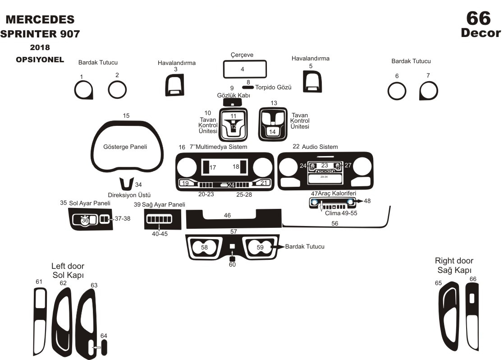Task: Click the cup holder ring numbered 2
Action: [x=117, y=90]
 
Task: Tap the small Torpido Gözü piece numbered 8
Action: [x=247, y=88]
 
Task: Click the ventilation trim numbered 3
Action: [x=174, y=84]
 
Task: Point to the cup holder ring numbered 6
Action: [x=397, y=92]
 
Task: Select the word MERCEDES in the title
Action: [x=40, y=19]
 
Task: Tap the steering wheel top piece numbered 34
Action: [x=127, y=184]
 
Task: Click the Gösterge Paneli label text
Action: [x=125, y=147]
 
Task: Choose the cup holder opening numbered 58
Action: [x=204, y=247]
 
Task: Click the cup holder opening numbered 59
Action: [x=260, y=247]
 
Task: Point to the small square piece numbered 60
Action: [x=232, y=258]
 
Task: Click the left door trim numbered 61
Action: [x=40, y=320]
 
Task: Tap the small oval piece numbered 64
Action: [x=105, y=348]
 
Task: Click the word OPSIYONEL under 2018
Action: [x=40, y=60]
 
